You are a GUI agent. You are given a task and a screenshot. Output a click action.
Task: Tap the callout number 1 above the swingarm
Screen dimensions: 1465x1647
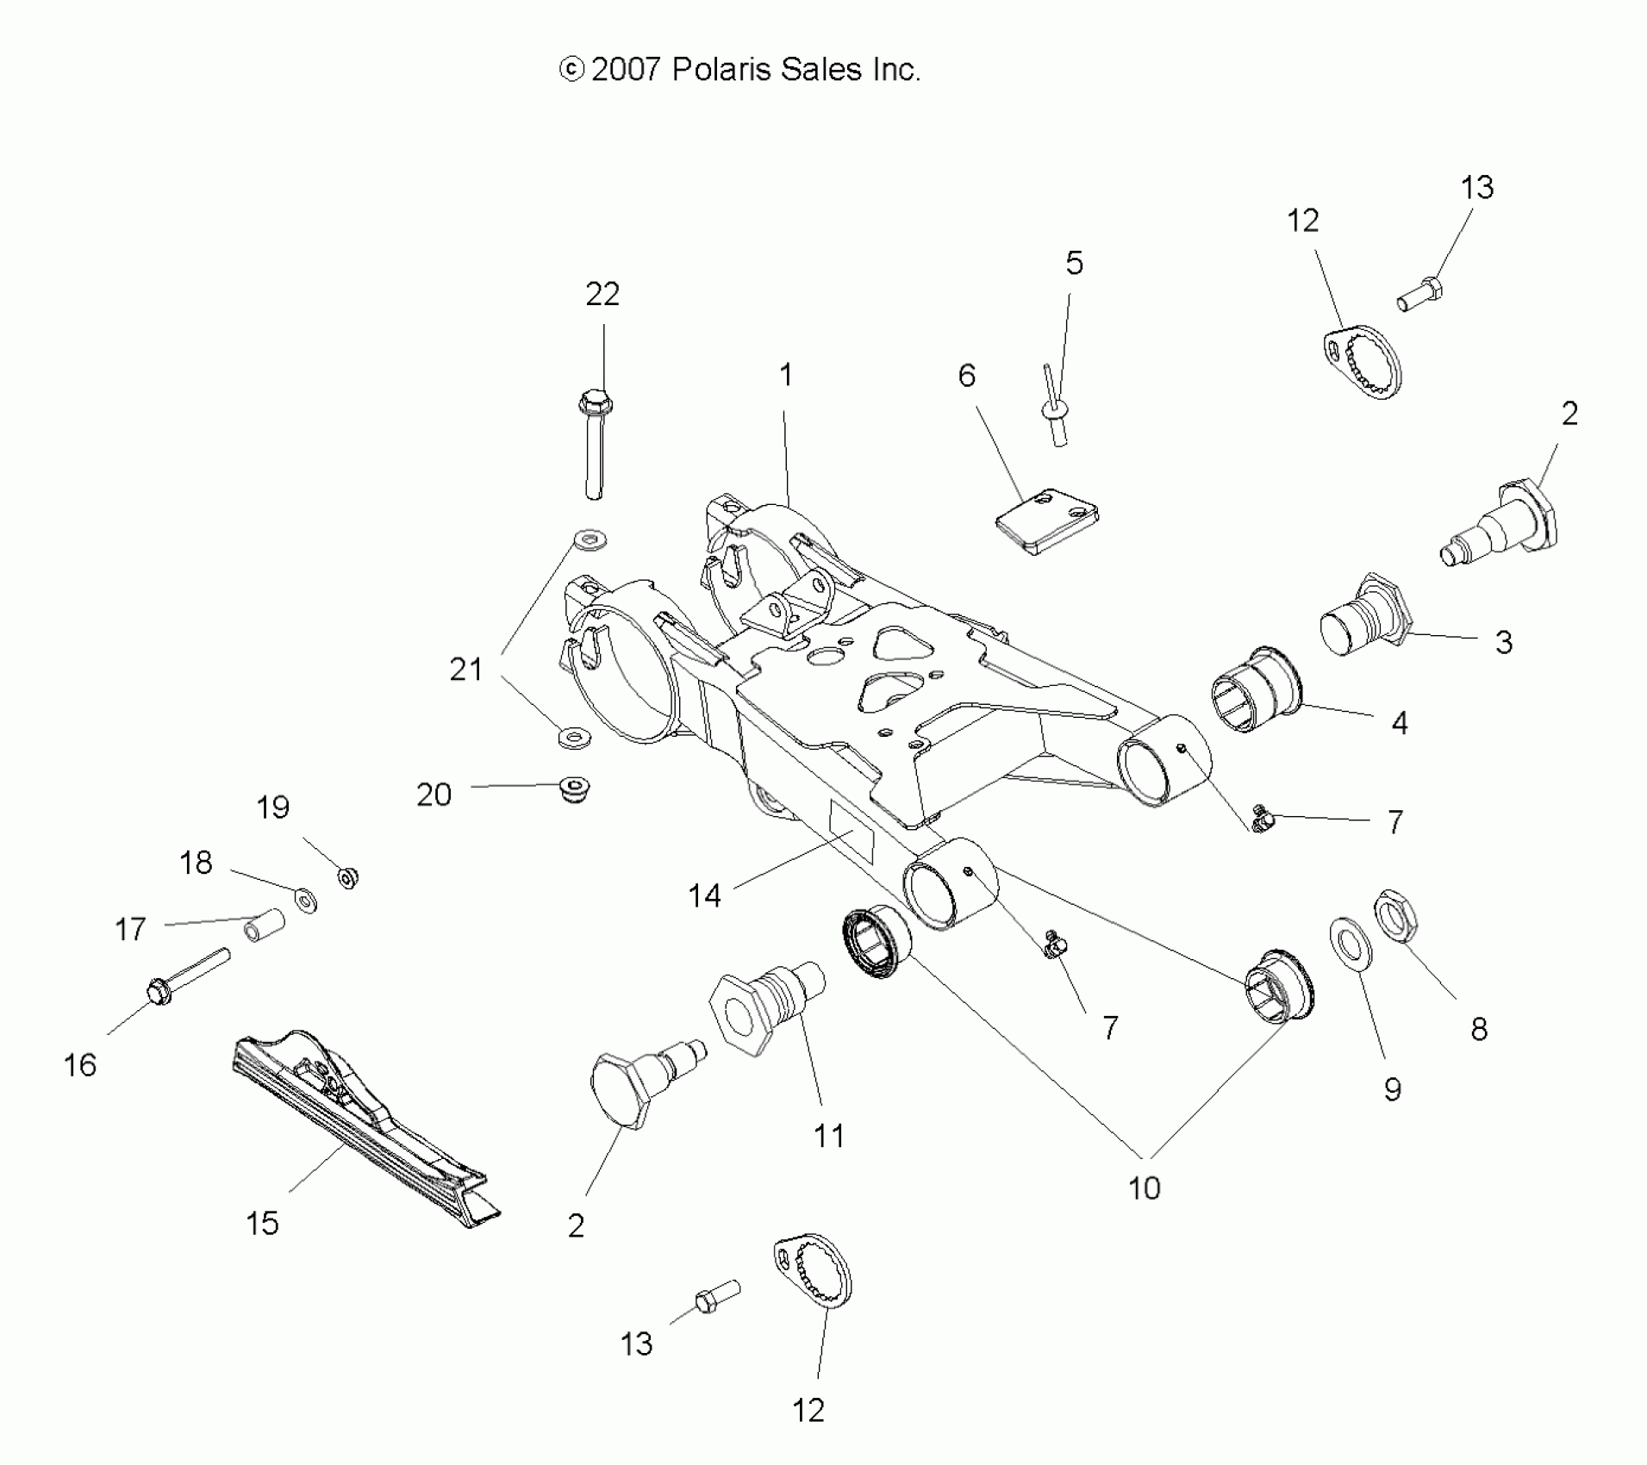[785, 375]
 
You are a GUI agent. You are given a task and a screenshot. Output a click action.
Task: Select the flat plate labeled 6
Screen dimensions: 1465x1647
[1046, 521]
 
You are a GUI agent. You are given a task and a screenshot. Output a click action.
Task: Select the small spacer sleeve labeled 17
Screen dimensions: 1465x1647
[265, 925]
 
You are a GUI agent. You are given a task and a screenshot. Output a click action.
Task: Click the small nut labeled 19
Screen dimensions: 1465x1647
[348, 878]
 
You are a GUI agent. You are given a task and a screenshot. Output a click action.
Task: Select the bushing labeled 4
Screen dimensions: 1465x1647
[1256, 690]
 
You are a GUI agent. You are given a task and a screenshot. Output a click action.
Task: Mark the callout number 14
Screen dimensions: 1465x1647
[704, 896]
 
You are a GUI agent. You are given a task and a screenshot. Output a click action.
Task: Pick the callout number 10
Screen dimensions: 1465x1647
[1144, 1188]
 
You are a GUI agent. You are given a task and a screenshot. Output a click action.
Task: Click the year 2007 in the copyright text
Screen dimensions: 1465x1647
[626, 69]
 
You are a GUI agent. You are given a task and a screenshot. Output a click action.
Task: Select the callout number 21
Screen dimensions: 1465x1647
[466, 669]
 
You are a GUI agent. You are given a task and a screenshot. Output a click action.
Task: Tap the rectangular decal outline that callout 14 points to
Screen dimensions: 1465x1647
[852, 832]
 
